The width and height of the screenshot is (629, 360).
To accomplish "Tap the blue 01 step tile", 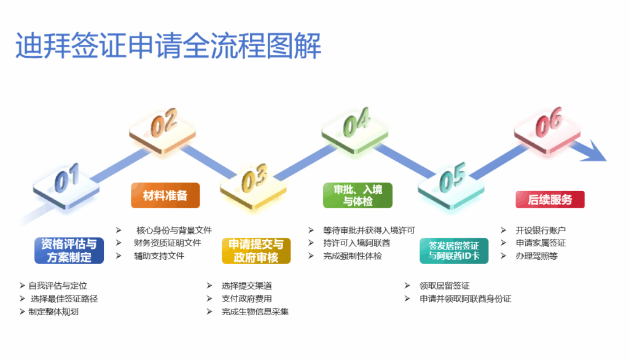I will coord(66,181).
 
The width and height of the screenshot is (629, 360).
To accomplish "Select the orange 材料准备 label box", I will coord(165,195).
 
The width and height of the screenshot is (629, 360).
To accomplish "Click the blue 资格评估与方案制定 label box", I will coord(69,251).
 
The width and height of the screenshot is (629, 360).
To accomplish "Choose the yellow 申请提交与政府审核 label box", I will coord(256,251).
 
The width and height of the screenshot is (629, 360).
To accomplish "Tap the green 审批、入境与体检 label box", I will coord(357,195).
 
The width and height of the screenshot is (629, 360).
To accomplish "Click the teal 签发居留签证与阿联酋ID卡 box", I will coord(454,251).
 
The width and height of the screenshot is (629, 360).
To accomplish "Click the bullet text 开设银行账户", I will coord(541,230).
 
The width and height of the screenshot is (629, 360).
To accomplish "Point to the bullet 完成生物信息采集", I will coord(255,312).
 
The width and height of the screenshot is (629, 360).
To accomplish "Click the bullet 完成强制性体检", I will coord(353,256).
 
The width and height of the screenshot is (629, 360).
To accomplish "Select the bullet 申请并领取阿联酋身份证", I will coord(465,299).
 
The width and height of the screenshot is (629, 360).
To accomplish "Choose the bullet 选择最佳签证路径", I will coord(64,299).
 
